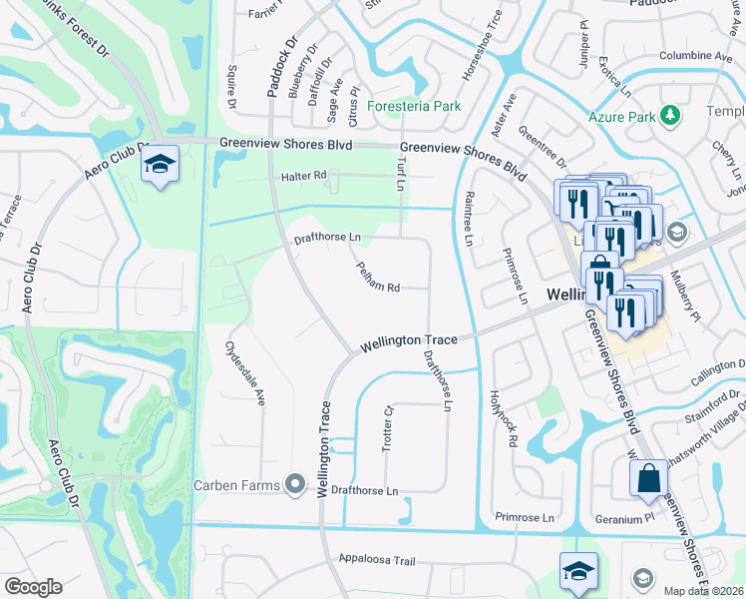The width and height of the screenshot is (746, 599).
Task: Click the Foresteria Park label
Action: tap(415, 106)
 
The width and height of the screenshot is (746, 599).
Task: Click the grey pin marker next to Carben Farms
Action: tap(294, 485)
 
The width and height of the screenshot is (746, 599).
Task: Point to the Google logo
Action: tap(33, 587)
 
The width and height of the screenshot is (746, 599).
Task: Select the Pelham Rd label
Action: tap(378, 278)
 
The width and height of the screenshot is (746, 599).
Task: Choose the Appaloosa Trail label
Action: tap(376, 561)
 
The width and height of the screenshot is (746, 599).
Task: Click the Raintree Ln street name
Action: tap(468, 218)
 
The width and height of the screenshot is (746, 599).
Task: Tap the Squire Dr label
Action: tap(230, 87)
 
